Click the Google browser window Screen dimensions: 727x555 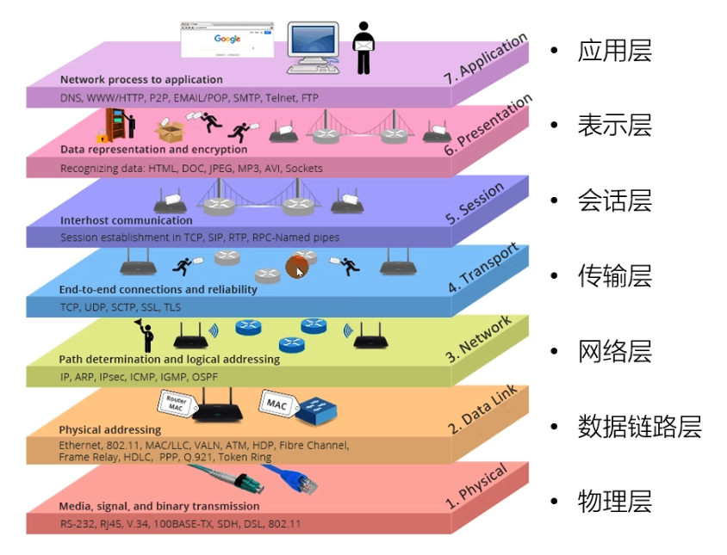(x=227, y=40)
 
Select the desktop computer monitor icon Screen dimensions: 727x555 (x=314, y=47)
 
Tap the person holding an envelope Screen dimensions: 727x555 (x=363, y=47)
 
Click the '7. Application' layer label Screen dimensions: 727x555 (x=486, y=59)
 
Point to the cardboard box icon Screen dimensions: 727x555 (x=170, y=130)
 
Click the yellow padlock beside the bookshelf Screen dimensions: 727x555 (x=102, y=137)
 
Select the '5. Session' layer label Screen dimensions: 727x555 (x=475, y=203)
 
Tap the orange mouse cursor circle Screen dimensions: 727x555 (x=296, y=268)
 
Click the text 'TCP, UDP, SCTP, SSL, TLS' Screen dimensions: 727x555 (x=121, y=307)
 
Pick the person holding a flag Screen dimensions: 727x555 (x=146, y=336)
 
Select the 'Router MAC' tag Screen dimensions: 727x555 (x=177, y=402)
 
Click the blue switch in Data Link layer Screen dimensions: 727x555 (x=316, y=410)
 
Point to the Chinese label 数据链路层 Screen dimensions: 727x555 (x=639, y=426)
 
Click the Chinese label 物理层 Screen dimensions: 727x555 (x=615, y=502)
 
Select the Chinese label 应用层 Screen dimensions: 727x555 (x=615, y=50)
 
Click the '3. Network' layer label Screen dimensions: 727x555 (x=479, y=339)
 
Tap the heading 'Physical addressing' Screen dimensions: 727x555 (x=110, y=429)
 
